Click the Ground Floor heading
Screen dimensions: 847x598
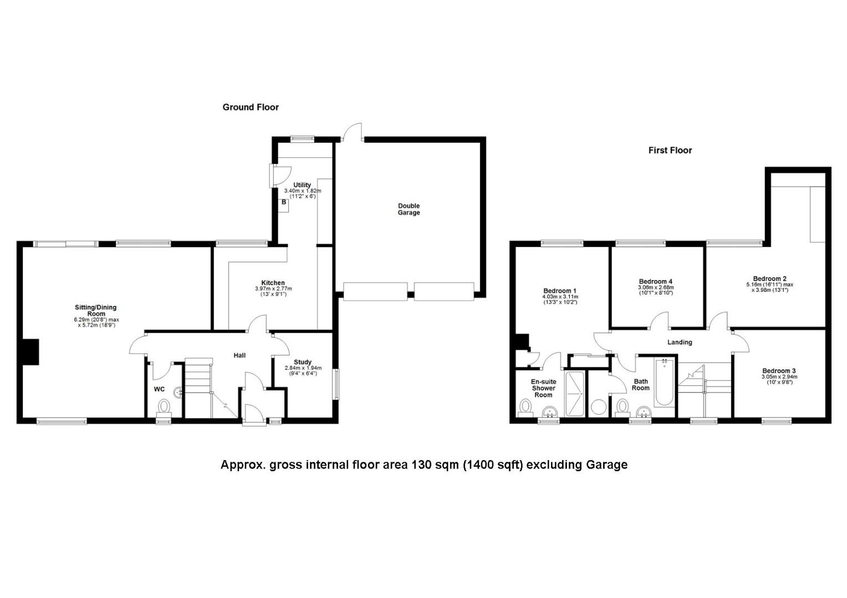tap(251, 107)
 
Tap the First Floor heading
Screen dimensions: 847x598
tap(670, 151)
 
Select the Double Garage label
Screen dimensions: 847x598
tap(409, 209)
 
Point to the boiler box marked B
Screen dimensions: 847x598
tap(284, 205)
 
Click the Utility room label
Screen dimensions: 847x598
tap(302, 185)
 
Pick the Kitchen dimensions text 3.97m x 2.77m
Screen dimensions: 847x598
tap(273, 288)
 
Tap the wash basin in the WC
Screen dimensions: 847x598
tap(178, 393)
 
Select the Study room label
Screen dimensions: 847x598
tap(303, 362)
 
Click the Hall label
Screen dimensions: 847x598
tap(239, 355)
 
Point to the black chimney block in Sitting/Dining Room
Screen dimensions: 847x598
tap(30, 352)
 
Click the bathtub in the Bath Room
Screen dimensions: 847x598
tap(665, 382)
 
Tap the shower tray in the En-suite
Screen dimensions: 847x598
tap(574, 394)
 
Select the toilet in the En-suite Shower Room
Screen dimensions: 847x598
tap(525, 409)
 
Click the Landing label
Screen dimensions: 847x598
tap(680, 342)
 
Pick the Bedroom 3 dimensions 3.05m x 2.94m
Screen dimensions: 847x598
tap(779, 377)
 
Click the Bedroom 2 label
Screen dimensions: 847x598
tap(769, 279)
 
